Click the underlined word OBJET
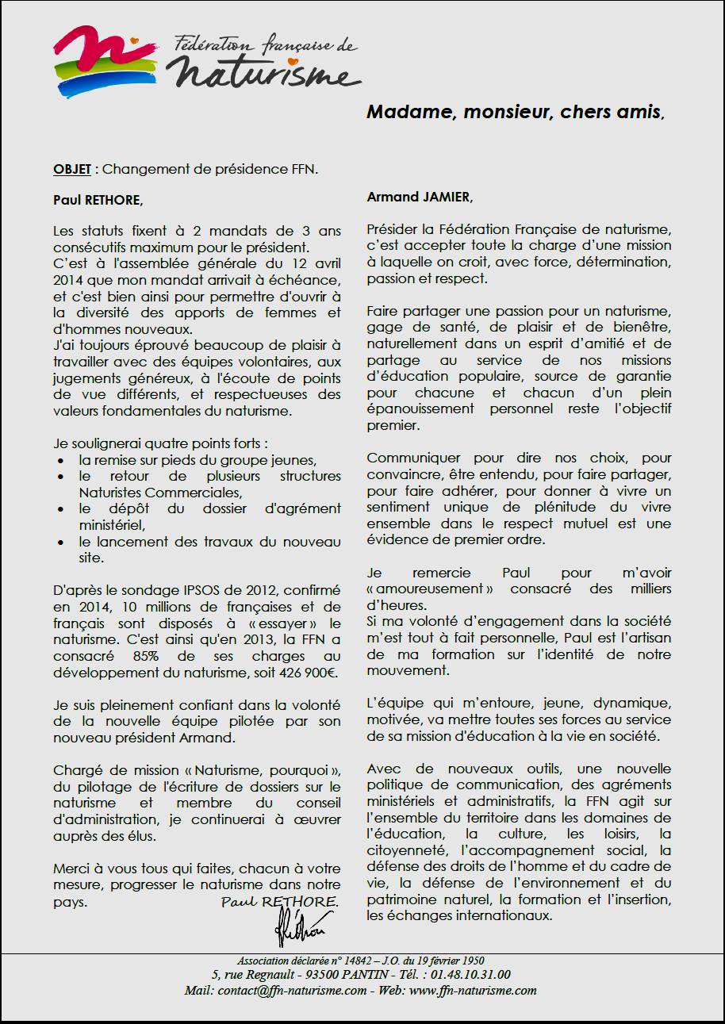pyautogui.click(x=71, y=170)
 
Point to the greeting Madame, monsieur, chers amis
pyautogui.click(x=515, y=112)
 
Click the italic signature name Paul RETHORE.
pyautogui.click(x=279, y=903)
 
